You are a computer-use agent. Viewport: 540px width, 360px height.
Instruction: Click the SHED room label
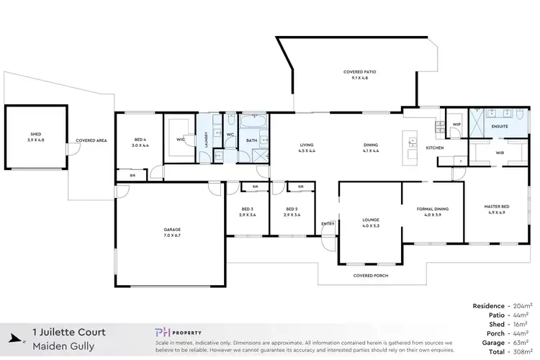(x=36, y=136)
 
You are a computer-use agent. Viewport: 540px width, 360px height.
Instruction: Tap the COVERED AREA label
(x=91, y=140)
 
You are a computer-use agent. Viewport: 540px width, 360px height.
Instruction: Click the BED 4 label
(x=140, y=143)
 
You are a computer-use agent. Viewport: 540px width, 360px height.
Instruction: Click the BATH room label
(x=252, y=140)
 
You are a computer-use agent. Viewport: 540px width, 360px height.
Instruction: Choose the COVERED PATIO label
(x=359, y=75)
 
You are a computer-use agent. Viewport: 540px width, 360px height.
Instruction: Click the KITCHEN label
(x=434, y=148)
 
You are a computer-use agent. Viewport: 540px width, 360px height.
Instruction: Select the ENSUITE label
(x=500, y=127)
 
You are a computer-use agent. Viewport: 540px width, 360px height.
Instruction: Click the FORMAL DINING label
(x=433, y=211)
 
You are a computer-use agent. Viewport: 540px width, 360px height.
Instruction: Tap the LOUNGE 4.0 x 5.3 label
(x=371, y=222)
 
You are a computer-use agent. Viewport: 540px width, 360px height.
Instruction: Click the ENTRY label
(x=328, y=223)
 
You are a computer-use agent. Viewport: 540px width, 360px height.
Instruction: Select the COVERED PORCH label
(x=367, y=276)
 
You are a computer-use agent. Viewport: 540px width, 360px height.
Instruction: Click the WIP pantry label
(x=456, y=125)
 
